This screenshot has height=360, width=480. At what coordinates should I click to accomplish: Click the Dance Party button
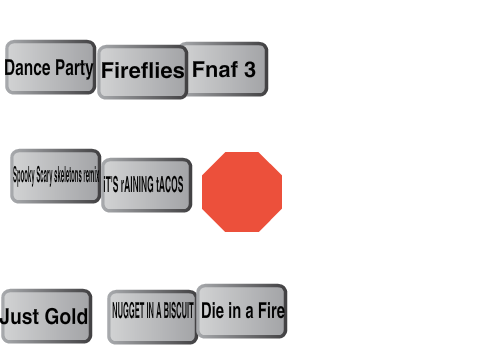pyautogui.click(x=51, y=67)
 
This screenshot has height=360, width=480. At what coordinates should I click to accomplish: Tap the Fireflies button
pyautogui.click(x=143, y=72)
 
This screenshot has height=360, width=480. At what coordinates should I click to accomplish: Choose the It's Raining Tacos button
pyautogui.click(x=147, y=185)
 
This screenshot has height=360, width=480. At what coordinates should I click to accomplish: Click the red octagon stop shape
pyautogui.click(x=242, y=192)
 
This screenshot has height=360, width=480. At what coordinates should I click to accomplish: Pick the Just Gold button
pyautogui.click(x=46, y=316)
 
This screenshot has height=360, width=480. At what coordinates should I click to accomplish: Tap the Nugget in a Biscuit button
pyautogui.click(x=153, y=317)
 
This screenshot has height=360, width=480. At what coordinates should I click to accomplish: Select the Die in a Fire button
pyautogui.click(x=242, y=311)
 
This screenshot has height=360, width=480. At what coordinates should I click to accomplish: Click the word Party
pyautogui.click(x=74, y=69)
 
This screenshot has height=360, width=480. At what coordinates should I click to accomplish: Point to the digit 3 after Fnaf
pyautogui.click(x=250, y=69)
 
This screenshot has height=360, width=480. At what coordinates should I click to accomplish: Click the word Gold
pyautogui.click(x=66, y=316)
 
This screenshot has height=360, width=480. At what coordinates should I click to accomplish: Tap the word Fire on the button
pyautogui.click(x=271, y=310)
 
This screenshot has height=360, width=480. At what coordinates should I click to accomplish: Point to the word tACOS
pyautogui.click(x=170, y=185)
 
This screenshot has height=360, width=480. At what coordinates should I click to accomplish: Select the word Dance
pyautogui.click(x=28, y=68)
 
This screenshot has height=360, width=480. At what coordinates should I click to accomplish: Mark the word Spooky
pyautogui.click(x=23, y=175)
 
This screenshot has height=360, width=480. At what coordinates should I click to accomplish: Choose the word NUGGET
pyautogui.click(x=123, y=310)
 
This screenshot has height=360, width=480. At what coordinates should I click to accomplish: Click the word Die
pyautogui.click(x=212, y=310)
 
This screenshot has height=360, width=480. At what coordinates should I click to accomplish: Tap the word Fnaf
pyautogui.click(x=215, y=69)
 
